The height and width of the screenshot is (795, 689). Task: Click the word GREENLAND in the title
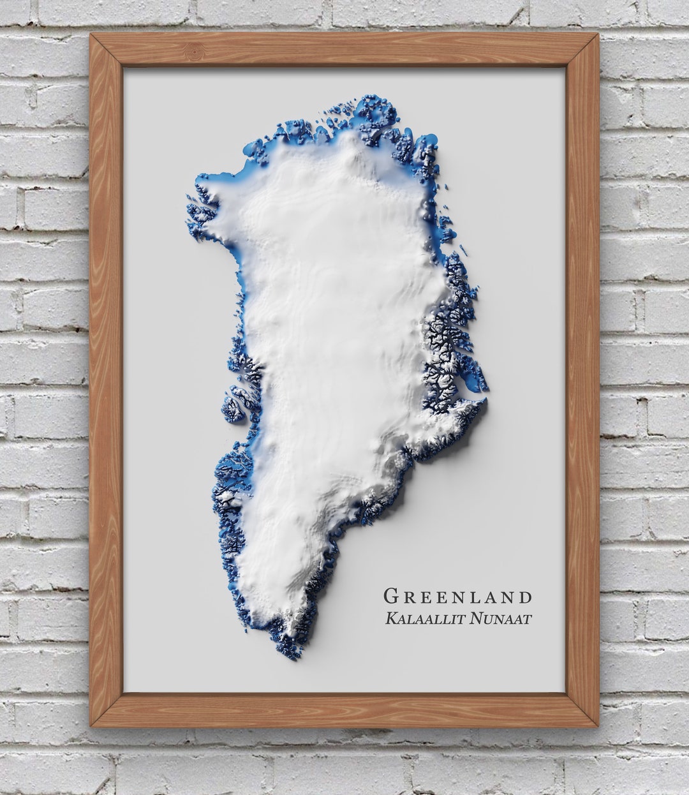[x=457, y=597]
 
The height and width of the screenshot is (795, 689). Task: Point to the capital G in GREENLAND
[x=390, y=597]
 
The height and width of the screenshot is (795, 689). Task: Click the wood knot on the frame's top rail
[x=194, y=50]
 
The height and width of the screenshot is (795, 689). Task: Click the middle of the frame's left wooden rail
[x=106, y=383]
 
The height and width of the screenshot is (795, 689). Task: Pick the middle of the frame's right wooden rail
[x=582, y=383]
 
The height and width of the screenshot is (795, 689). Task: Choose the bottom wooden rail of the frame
[x=344, y=710]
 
